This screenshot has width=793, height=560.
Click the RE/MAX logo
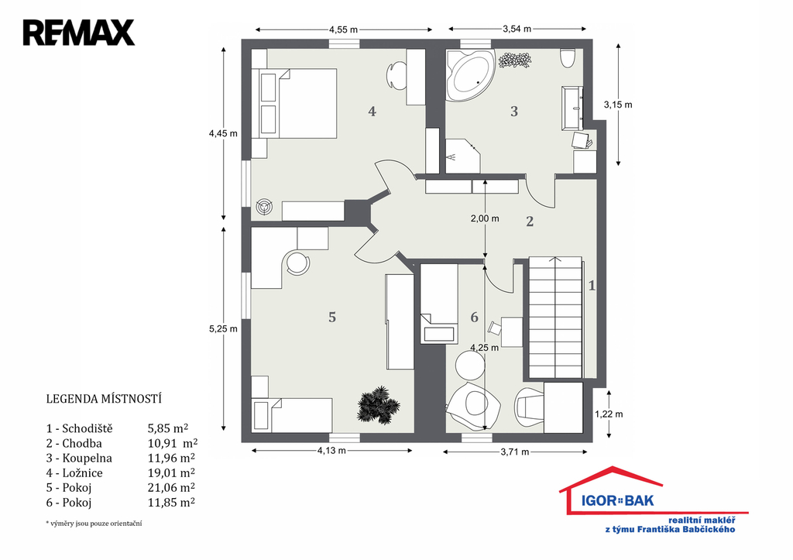click(78, 33)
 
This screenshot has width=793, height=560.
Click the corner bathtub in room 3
click(470, 76)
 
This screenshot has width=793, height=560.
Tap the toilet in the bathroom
click(568, 57)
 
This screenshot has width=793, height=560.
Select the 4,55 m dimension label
click(343, 29)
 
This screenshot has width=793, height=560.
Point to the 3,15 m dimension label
click(618, 105)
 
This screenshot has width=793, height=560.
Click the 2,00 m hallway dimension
click(485, 218)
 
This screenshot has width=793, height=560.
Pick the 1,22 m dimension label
click(609, 414)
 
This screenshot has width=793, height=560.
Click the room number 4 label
click(372, 112)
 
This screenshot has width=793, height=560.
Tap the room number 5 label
click(332, 318)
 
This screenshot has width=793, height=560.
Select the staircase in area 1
click(556, 318)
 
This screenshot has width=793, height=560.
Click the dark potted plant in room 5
click(378, 404)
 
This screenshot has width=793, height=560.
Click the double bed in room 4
click(297, 103)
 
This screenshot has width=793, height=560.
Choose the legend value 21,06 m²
click(171, 488)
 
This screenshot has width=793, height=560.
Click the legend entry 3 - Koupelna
click(80, 459)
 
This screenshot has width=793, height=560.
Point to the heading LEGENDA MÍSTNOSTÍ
click(104, 399)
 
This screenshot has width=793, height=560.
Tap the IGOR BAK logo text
click(617, 501)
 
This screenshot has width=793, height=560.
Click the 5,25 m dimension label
click(223, 329)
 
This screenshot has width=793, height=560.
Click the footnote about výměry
click(94, 524)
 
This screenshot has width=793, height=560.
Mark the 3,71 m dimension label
click(515, 452)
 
